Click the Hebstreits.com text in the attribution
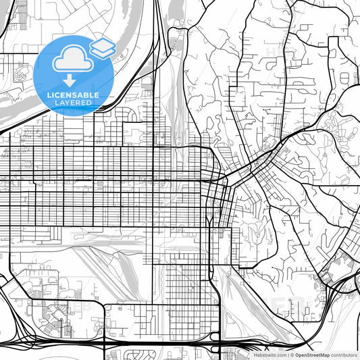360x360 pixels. click(269, 355)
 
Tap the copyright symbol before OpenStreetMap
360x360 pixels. click(292, 355)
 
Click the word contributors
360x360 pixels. click(344, 355)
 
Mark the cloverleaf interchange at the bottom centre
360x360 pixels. click(215, 337)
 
